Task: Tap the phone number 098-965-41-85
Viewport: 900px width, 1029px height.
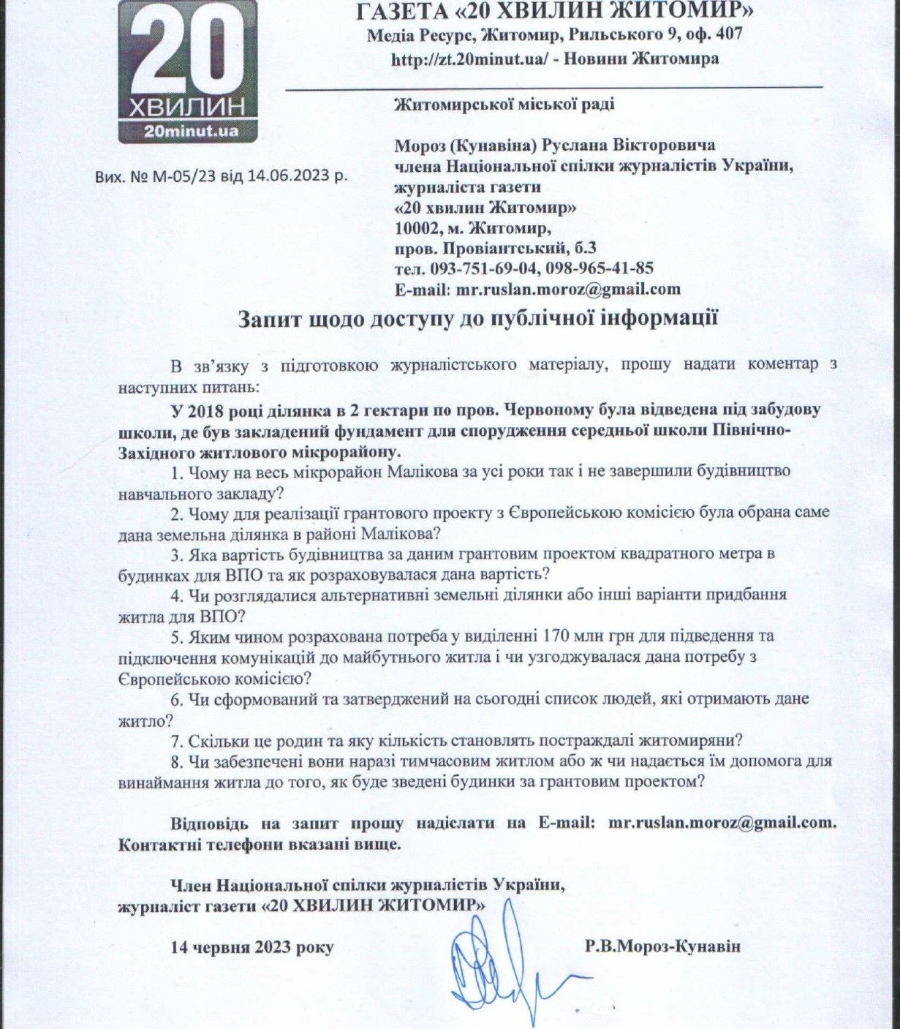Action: pos(600,268)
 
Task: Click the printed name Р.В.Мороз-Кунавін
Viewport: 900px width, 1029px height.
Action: pos(662,946)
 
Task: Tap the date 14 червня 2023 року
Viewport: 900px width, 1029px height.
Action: pos(252,947)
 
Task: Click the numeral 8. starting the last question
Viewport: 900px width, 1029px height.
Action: pos(176,761)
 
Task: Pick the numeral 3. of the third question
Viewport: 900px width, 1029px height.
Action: pos(176,553)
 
